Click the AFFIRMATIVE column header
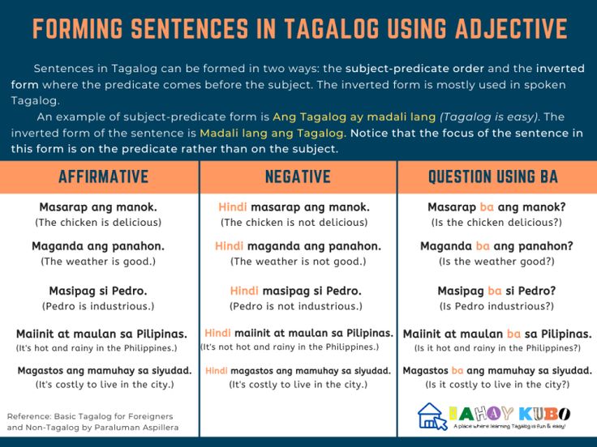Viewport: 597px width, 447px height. tap(104, 177)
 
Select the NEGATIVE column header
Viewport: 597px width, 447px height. tap(298, 177)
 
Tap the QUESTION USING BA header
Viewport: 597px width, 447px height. tap(493, 177)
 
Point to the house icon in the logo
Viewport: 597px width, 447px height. tap(432, 416)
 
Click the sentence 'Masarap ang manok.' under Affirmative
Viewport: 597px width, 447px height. tap(98, 207)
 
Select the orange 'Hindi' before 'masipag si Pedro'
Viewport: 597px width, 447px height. tap(244, 291)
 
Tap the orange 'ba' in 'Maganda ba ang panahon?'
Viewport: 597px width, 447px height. tap(483, 246)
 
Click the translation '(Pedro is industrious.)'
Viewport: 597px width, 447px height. tap(98, 306)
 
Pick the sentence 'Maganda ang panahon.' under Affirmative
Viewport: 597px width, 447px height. tap(98, 246)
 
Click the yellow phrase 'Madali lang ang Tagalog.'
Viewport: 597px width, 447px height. tap(273, 133)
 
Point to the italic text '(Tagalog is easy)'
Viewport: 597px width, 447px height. tap(489, 117)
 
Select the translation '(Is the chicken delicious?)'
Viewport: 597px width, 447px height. tap(496, 223)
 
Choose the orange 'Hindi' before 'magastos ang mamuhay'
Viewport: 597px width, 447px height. tap(217, 371)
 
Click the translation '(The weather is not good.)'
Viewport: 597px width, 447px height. tap(298, 262)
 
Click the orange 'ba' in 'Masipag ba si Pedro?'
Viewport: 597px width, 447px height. tap(495, 291)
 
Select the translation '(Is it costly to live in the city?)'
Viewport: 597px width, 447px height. tap(497, 385)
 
